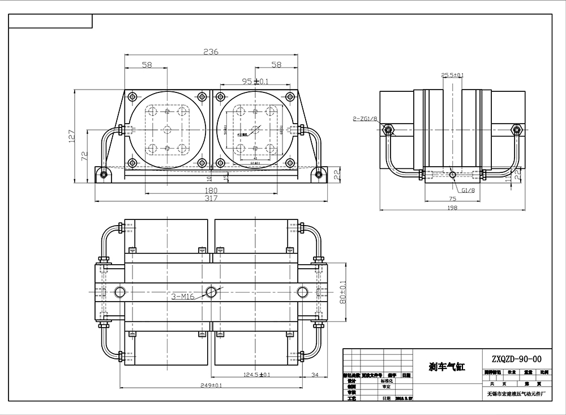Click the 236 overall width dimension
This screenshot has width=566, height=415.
click(x=211, y=52)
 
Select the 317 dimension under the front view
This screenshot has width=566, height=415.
click(x=211, y=198)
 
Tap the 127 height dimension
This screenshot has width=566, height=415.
click(x=71, y=137)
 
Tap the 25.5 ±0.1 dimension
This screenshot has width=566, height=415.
click(x=453, y=75)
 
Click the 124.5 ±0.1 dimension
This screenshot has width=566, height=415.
click(x=256, y=374)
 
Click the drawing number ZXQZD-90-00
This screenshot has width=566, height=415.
click(x=517, y=358)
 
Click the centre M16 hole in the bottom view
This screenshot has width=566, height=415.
click(x=211, y=291)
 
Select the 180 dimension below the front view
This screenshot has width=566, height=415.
click(x=211, y=190)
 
